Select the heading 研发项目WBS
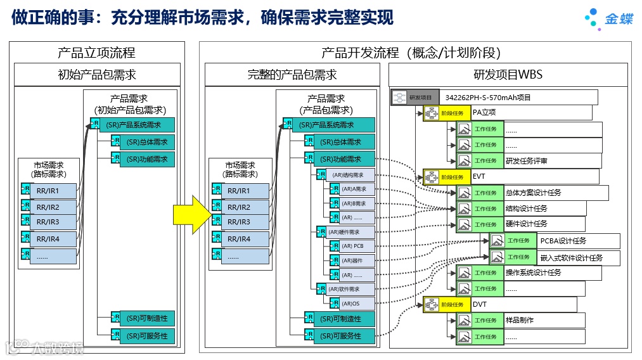tap(508, 75)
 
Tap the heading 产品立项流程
tap(96, 53)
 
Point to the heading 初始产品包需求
tap(96, 75)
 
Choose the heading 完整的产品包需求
tap(292, 75)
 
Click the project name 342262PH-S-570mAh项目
tap(487, 98)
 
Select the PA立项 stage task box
tap(484, 113)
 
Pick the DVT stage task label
tap(480, 304)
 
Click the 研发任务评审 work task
tap(526, 161)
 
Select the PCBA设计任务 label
tap(563, 241)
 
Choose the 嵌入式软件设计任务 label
tap(571, 257)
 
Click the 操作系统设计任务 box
tap(533, 273)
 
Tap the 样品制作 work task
tap(520, 320)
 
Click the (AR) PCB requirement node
tap(352, 246)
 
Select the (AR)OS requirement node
tap(352, 304)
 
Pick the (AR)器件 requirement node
tap(352, 260)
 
